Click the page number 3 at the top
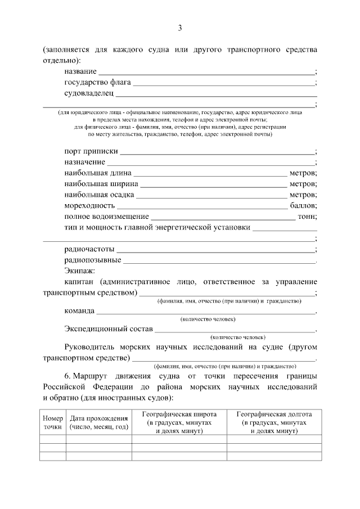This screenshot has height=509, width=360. click(x=180, y=28)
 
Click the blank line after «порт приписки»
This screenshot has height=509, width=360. click(x=218, y=152)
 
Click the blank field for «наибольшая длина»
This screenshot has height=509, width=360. click(x=210, y=174)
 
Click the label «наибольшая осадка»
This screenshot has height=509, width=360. click(x=99, y=195)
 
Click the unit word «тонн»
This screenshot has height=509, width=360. click(x=308, y=216)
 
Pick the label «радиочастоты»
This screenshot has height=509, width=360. click(x=89, y=248)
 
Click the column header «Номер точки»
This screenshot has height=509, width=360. click(x=52, y=422)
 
